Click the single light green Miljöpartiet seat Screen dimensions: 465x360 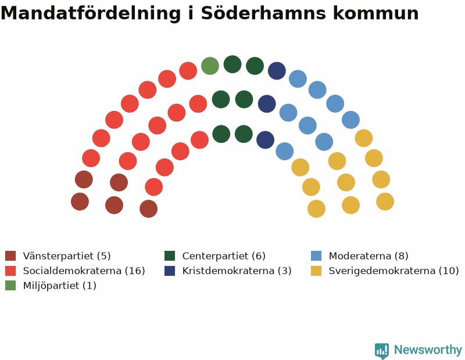point(210,66)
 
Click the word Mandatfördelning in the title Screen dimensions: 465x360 point(91,13)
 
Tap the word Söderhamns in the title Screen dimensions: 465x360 point(264,13)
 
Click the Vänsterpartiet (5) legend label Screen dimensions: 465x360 point(67,255)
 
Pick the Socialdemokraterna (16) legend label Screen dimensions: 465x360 point(84,271)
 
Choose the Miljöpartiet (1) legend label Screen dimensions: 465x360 point(60,286)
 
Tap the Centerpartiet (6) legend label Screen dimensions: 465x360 point(224,255)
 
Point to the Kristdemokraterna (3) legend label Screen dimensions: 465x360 point(237,271)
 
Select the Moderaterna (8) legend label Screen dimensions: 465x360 point(369,255)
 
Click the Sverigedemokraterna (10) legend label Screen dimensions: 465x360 point(394,271)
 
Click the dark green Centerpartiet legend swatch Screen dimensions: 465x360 point(170,255)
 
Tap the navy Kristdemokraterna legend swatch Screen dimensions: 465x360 point(170,271)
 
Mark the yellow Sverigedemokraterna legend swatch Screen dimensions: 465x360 point(316,271)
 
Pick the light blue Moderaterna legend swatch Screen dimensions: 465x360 point(316,255)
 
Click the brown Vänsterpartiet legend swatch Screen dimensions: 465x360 point(10,255)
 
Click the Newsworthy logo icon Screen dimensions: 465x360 point(382,351)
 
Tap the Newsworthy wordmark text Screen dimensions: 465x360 point(428,350)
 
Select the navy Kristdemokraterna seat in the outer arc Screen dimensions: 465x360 point(277,71)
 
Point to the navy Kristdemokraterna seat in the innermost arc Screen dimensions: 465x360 point(266,140)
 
